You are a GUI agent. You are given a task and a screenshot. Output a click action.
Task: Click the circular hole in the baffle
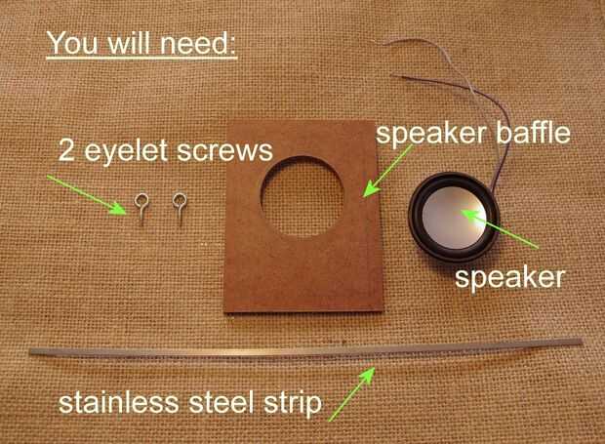[302, 196]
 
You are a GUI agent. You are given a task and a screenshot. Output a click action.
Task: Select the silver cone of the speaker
[454, 219]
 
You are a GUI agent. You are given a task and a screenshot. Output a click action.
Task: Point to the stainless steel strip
[306, 350]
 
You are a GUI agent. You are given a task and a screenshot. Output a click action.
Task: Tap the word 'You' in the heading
[72, 43]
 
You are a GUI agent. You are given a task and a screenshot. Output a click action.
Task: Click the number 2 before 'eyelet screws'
[66, 150]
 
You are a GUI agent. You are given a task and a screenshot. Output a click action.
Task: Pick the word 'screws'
[225, 152]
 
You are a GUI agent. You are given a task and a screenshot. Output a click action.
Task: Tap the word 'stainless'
[119, 402]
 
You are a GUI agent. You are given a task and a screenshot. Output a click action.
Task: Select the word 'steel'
[222, 402]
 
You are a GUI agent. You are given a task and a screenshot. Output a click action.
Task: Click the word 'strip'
[293, 405]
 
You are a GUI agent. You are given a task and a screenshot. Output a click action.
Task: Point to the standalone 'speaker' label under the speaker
[510, 279]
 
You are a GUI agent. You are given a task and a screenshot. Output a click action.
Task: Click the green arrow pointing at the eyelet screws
[87, 194]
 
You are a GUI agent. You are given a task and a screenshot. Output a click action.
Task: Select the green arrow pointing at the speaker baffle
[389, 171]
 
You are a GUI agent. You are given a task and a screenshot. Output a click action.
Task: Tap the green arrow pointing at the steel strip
[351, 394]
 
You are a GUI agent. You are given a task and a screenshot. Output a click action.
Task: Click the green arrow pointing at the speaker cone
[500, 228]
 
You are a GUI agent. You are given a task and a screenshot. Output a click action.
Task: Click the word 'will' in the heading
[128, 43]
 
